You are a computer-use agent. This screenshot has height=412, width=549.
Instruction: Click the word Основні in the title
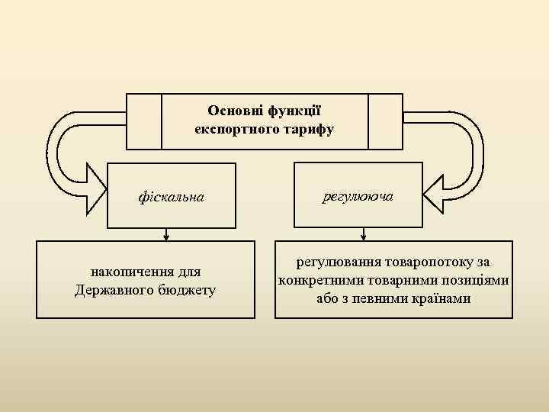point(233,111)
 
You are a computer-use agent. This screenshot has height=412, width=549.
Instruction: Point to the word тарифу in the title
point(305,129)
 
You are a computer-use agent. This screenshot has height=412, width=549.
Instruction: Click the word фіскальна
point(171,197)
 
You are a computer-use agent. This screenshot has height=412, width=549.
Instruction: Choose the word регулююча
point(358,196)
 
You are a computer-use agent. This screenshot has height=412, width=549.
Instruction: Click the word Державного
point(114,290)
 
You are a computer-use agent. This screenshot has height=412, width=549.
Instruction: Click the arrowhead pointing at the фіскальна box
point(95,189)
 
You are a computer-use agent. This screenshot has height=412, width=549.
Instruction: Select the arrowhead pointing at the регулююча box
point(434,189)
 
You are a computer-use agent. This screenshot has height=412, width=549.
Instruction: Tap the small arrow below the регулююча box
point(363,236)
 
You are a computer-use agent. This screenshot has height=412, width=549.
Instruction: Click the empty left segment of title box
point(144,121)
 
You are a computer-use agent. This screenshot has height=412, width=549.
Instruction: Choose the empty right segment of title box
point(385,121)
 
